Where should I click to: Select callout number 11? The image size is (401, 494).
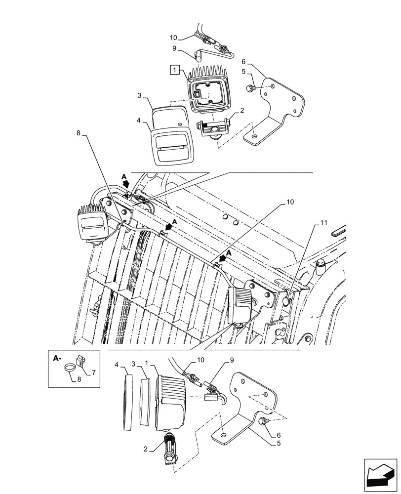[x=323, y=223]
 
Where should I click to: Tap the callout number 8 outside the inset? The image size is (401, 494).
[x=78, y=132]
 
